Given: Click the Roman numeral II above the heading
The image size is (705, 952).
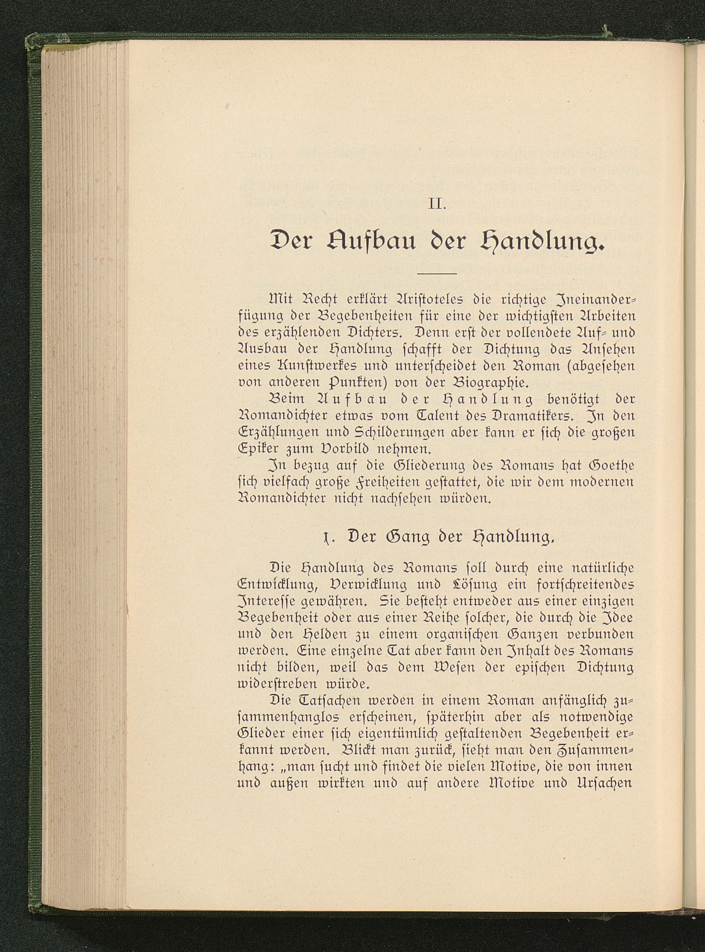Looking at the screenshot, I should click(436, 205).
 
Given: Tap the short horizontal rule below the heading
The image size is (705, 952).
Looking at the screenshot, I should click(437, 273).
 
